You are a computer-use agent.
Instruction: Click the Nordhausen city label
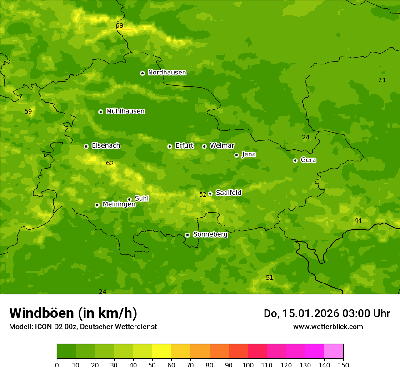click(167, 73)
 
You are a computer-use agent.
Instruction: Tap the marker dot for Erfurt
click(170, 146)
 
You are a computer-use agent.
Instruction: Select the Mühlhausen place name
click(125, 111)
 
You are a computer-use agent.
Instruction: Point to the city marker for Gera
click(295, 160)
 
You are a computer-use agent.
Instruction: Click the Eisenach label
click(106, 146)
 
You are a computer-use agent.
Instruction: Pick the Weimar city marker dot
click(204, 146)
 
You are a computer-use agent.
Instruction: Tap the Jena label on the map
click(249, 154)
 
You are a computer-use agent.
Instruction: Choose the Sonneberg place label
click(210, 234)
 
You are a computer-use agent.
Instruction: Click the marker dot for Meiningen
click(97, 205)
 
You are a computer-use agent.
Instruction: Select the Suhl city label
click(141, 198)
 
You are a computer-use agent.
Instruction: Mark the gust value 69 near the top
click(120, 26)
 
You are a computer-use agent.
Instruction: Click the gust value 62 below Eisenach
click(110, 164)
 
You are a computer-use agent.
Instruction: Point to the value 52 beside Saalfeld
click(203, 194)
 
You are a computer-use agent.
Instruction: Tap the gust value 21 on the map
click(382, 80)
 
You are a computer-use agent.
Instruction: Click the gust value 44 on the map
click(358, 221)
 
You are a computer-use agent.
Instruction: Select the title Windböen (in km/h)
click(73, 313)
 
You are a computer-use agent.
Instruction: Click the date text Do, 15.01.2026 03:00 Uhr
click(326, 313)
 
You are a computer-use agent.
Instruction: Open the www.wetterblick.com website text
click(328, 327)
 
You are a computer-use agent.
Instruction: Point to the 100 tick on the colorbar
click(248, 364)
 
